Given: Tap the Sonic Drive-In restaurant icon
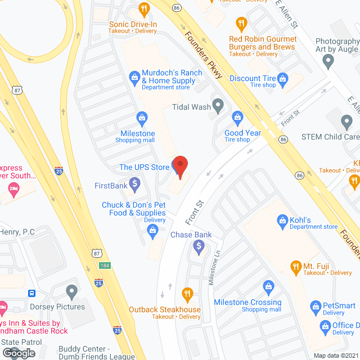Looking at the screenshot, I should pyautogui.click(x=144, y=8).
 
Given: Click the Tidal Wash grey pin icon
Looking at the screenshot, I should pyautogui.click(x=218, y=105).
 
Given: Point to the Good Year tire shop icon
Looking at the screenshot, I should pyautogui.click(x=237, y=118).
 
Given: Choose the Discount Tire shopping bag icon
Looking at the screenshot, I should pyautogui.click(x=283, y=78).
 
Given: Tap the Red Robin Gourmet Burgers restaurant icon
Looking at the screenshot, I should pyautogui.click(x=242, y=24).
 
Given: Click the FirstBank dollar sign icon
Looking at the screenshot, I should pyautogui.click(x=134, y=183).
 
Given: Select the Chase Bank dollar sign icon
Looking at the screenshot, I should pyautogui.click(x=198, y=245).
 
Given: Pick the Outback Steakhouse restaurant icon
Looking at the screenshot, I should pyautogui.click(x=187, y=294).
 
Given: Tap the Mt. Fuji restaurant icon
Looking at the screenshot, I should pyautogui.click(x=295, y=265).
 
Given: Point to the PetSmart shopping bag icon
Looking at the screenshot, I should pyautogui.click(x=316, y=307).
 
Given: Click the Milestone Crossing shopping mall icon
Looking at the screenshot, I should pyautogui.click(x=268, y=288).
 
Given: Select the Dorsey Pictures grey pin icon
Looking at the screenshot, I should pyautogui.click(x=71, y=291).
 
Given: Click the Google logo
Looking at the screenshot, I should pyautogui.click(x=18, y=353).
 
